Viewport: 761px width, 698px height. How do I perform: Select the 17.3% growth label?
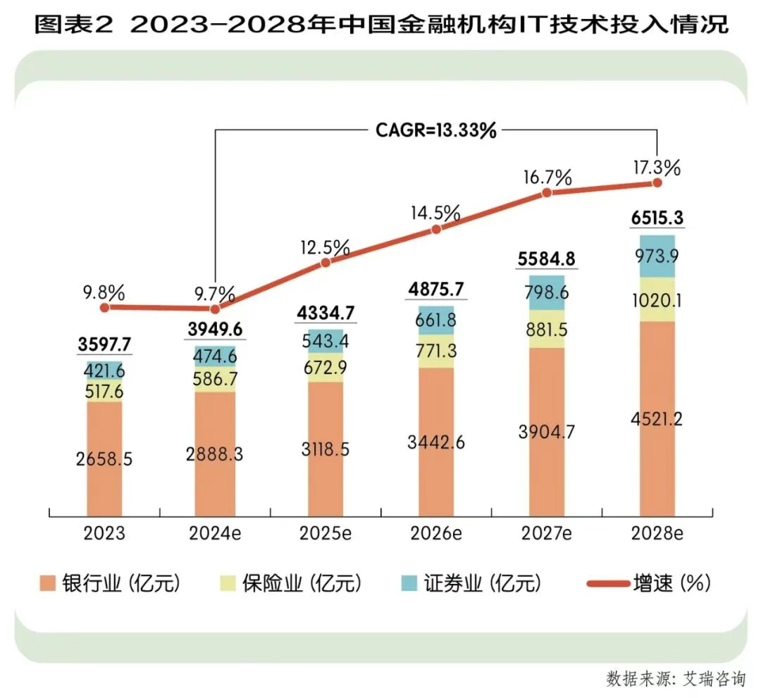656,168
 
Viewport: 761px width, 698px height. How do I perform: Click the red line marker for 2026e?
436,229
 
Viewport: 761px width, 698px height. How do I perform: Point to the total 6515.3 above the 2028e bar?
657,218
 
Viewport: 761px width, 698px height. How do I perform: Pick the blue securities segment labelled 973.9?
657,255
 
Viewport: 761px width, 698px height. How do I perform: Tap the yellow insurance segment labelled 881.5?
546,329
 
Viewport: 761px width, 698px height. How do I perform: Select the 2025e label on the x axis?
326,533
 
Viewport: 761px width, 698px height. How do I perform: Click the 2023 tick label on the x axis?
104,533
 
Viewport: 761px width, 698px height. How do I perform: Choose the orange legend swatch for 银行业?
48,584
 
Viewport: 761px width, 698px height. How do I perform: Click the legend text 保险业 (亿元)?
302,584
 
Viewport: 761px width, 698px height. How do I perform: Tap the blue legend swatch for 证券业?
409,584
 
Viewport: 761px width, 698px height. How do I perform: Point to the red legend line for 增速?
606,584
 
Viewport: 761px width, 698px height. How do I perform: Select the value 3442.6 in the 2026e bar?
436,442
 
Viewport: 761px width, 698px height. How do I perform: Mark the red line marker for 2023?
104,307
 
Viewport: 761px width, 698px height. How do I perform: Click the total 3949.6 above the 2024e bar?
215,330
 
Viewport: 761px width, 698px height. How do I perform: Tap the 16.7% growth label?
546,177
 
